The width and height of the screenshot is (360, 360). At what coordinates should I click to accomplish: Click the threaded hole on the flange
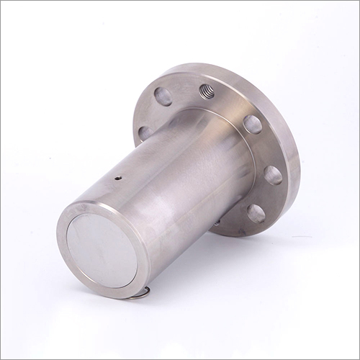tap(207, 91)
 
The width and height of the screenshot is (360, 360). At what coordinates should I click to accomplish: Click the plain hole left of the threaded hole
tap(163, 97)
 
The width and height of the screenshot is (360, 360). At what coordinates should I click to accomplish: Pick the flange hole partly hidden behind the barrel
tap(145, 133)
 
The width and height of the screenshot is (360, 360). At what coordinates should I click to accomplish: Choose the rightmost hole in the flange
tap(273, 174)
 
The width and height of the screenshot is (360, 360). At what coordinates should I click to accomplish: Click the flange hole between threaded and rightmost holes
tap(252, 125)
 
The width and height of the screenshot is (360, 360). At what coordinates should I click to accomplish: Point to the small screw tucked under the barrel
tap(215, 223)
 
